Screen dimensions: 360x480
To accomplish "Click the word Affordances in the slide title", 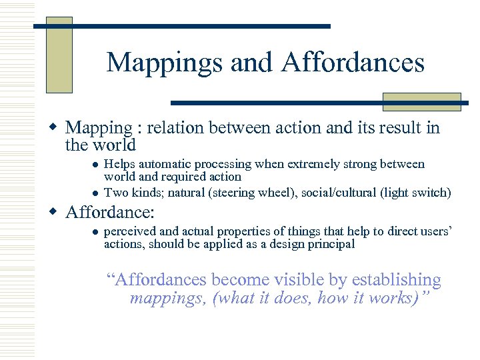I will click(353, 63).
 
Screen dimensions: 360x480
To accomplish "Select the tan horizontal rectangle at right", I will click(421, 101).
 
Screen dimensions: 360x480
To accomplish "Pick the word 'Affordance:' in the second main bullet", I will click(110, 213).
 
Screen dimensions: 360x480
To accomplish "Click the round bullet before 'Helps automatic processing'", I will click(95, 164).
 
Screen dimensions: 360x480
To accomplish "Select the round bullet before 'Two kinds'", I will click(95, 193).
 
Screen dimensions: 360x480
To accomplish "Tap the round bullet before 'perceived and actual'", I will click(95, 231).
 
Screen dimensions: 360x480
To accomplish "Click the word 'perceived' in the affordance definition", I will click(130, 231).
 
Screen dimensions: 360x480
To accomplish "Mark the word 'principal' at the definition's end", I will click(332, 244).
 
